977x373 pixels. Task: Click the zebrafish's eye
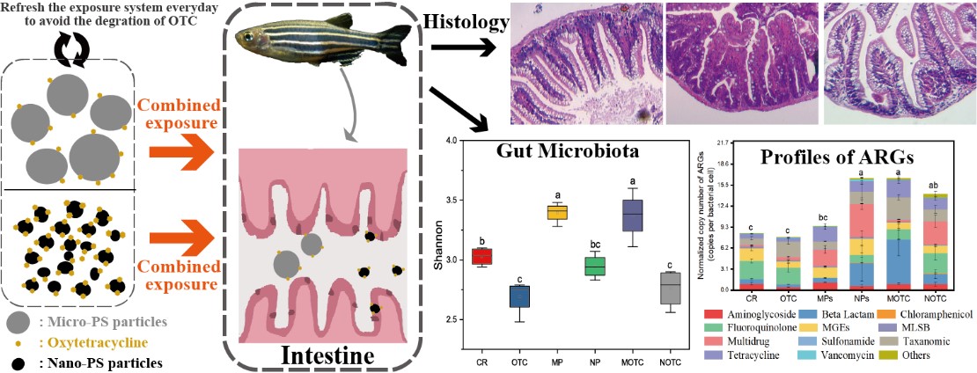(x=254, y=39)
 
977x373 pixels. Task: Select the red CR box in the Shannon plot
(x=481, y=256)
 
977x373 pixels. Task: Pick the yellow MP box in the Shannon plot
(x=557, y=212)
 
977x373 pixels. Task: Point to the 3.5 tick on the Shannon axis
(x=449, y=200)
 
